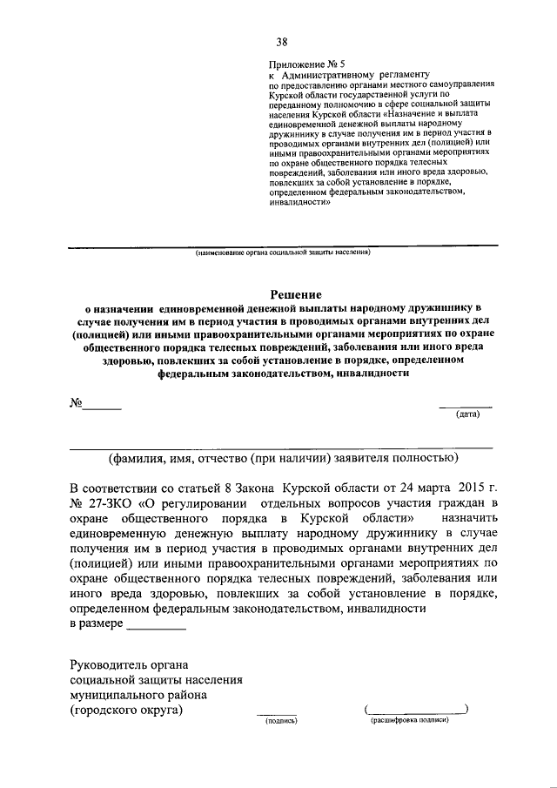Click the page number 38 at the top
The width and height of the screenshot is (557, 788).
click(x=282, y=42)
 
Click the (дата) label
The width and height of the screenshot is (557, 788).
click(x=468, y=414)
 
